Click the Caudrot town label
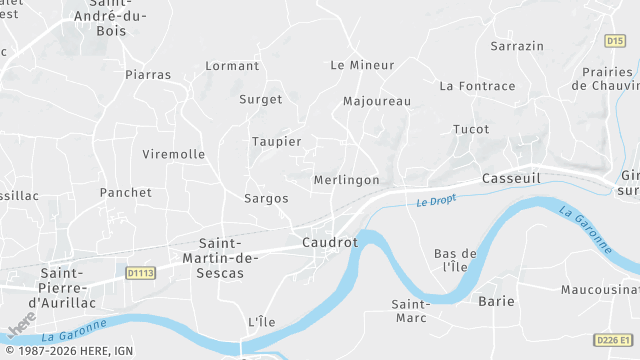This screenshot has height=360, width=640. point(329,243)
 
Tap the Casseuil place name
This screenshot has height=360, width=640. point(511,178)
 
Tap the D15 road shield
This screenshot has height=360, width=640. point(615,41)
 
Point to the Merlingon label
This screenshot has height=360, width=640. point(346,180)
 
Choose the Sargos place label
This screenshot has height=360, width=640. point(266,199)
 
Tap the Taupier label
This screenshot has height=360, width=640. point(277,142)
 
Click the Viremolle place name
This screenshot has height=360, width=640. point(174,155)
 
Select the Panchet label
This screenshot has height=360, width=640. point(126,193)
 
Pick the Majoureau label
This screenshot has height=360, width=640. point(377,102)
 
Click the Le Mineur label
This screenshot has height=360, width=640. point(362,65)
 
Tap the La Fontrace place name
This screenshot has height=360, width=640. point(477,86)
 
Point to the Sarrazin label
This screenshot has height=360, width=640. point(517,46)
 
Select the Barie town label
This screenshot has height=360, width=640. point(496,301)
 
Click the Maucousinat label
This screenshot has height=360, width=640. point(600,290)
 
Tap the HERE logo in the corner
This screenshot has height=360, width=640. point(22,327)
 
